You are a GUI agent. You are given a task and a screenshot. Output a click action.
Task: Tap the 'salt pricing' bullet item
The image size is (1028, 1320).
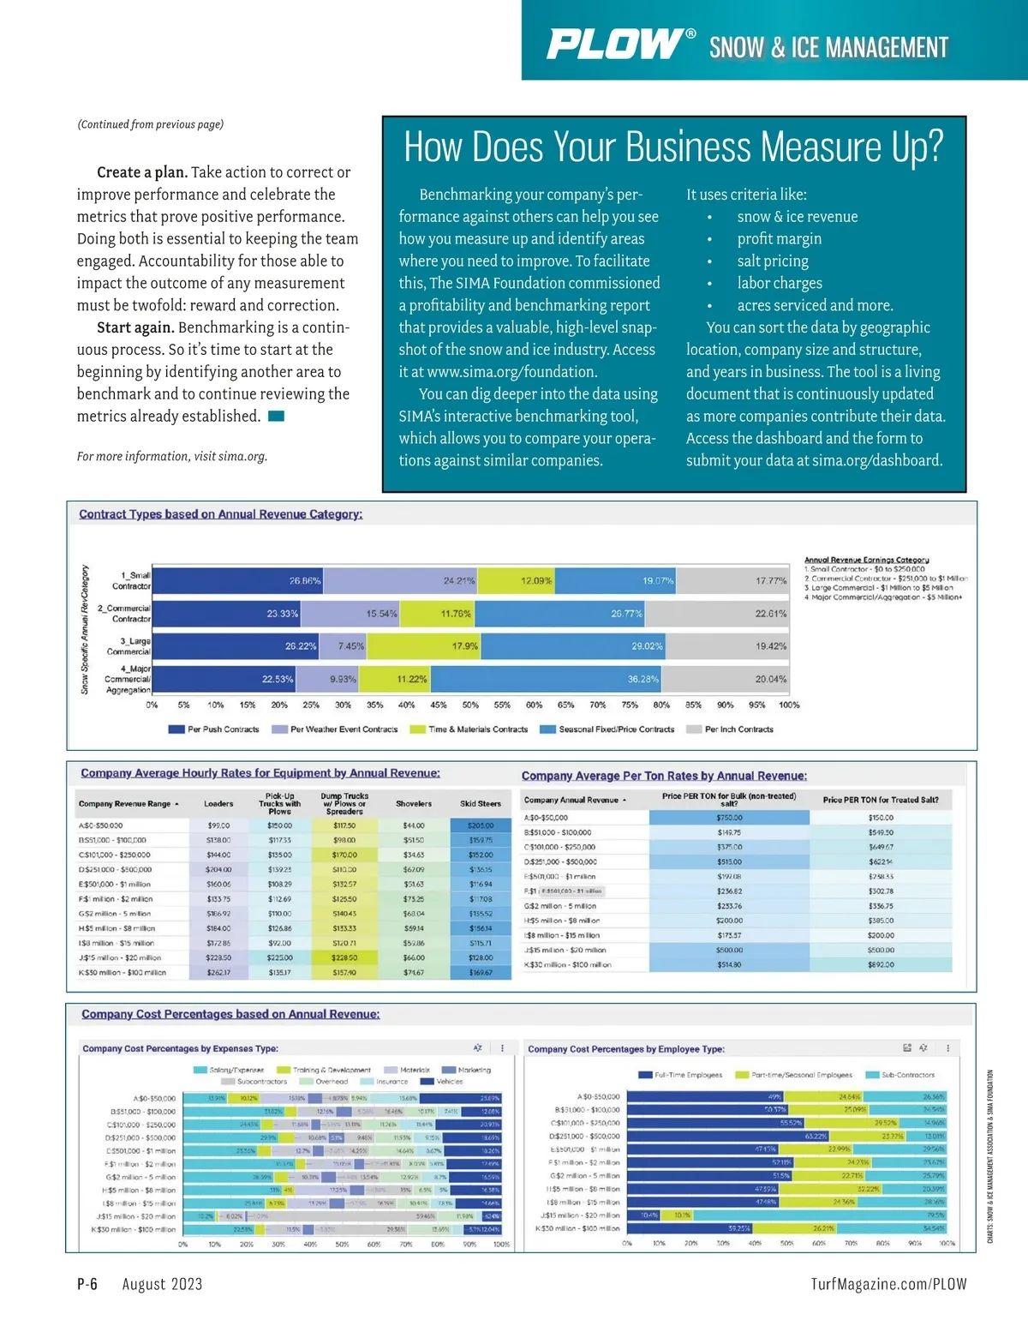pyautogui.click(x=772, y=261)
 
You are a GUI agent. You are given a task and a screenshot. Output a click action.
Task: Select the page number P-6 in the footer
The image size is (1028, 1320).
pyautogui.click(x=87, y=1283)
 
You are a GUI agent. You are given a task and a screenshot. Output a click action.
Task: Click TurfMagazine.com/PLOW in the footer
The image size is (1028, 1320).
pyautogui.click(x=888, y=1283)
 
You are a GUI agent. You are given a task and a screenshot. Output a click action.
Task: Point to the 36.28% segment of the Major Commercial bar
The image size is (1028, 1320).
pyautogui.click(x=642, y=679)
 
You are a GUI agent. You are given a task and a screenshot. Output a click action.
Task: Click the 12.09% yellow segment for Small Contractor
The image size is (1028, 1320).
pyautogui.click(x=536, y=580)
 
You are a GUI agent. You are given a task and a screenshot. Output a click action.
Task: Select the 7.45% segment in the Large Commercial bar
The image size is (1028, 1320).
pyautogui.click(x=351, y=645)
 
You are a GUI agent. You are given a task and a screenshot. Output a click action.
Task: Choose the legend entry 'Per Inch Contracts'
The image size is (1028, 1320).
pyautogui.click(x=738, y=729)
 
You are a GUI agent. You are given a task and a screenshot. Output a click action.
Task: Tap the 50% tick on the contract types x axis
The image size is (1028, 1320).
pyautogui.click(x=470, y=705)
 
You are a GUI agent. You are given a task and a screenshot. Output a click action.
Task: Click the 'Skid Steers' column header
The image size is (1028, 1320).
pyautogui.click(x=480, y=803)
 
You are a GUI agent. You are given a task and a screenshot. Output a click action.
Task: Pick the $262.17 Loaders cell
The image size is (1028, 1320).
pyautogui.click(x=218, y=973)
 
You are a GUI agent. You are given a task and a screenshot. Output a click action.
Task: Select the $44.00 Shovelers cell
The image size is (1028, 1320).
pyautogui.click(x=414, y=825)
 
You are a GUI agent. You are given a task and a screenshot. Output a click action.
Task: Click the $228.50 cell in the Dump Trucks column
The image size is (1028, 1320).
pyautogui.click(x=344, y=957)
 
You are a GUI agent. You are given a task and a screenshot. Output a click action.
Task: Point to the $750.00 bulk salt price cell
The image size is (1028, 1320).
pyautogui.click(x=729, y=818)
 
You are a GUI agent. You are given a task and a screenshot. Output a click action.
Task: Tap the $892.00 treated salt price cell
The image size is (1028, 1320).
pyautogui.click(x=880, y=964)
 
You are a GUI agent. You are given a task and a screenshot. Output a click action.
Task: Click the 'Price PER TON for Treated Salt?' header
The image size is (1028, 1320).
pyautogui.click(x=880, y=800)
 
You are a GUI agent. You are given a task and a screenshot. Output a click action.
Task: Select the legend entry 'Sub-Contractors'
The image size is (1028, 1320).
pyautogui.click(x=907, y=1075)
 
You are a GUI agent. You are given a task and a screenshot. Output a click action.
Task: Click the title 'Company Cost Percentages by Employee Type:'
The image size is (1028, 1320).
pyautogui.click(x=625, y=1049)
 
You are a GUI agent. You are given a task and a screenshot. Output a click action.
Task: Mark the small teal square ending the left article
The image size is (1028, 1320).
pyautogui.click(x=276, y=417)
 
